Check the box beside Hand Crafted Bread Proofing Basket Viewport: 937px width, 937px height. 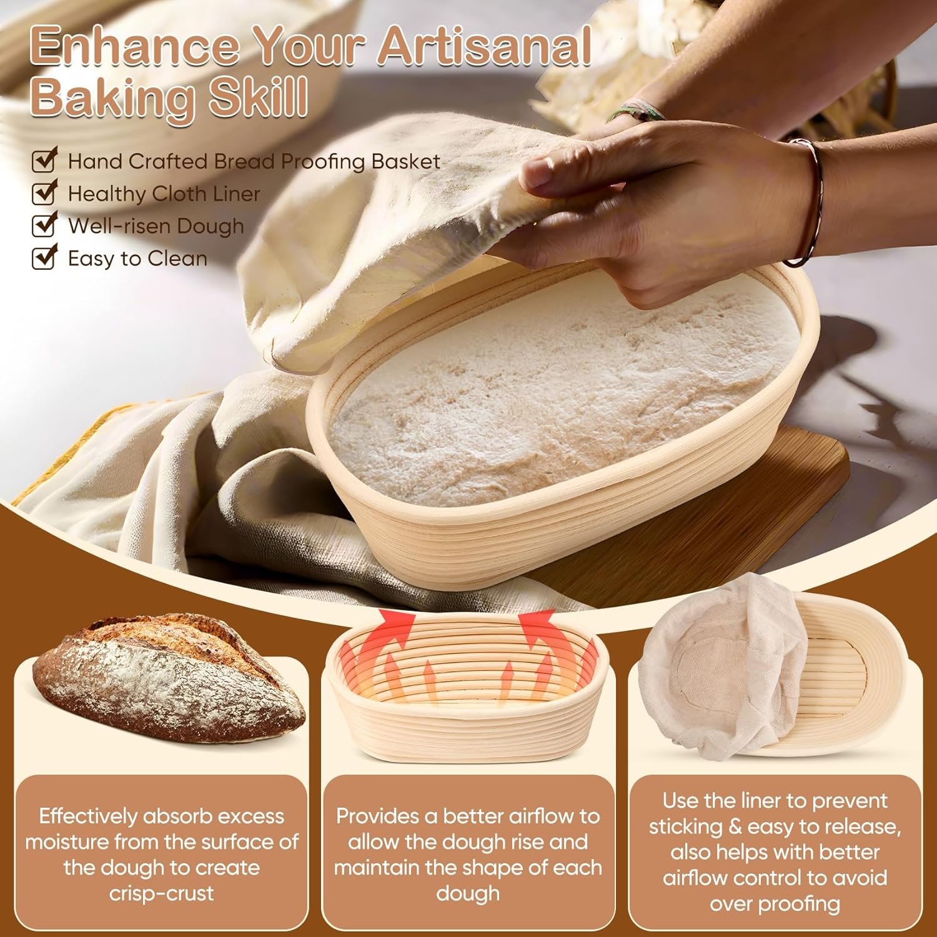pyautogui.click(x=44, y=161)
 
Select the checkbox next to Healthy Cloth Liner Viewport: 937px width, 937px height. pyautogui.click(x=44, y=194)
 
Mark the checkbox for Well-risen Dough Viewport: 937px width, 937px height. pyautogui.click(x=44, y=226)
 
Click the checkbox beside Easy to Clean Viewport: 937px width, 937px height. pyautogui.click(x=44, y=258)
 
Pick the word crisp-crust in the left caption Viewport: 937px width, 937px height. pyautogui.click(x=161, y=893)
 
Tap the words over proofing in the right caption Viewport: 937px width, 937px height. pyautogui.click(x=775, y=903)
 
